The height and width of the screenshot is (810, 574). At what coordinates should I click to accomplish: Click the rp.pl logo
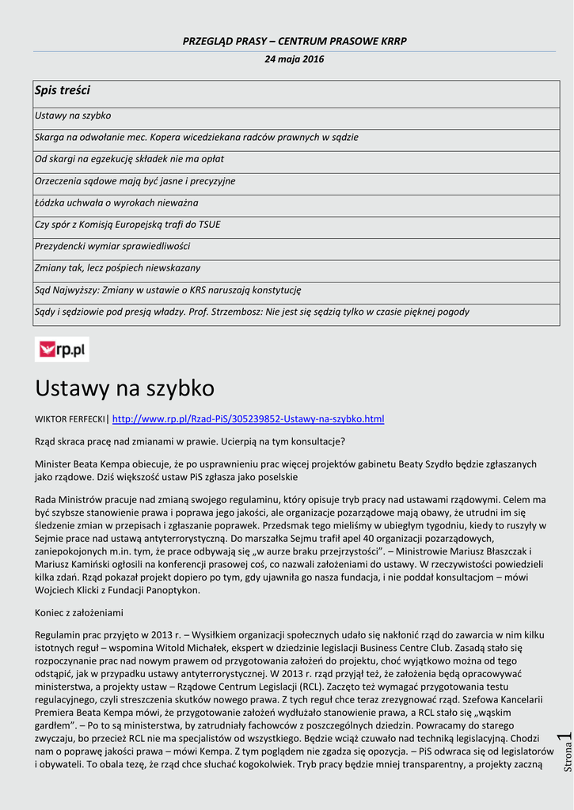[x=62, y=349]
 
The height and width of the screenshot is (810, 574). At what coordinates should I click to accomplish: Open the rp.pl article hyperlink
[x=248, y=418]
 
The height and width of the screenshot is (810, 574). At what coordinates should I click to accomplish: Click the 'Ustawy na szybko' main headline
[x=124, y=388]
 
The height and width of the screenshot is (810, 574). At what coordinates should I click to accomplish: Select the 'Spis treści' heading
[x=63, y=91]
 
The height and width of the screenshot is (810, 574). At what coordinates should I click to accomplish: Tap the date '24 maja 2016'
[x=294, y=59]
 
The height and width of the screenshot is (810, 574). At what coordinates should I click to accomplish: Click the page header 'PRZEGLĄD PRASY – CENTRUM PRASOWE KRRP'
[x=295, y=40]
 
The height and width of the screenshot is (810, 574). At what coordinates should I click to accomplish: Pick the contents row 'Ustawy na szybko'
[x=73, y=115]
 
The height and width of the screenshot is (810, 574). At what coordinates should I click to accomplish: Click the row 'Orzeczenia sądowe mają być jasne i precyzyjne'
[x=135, y=181]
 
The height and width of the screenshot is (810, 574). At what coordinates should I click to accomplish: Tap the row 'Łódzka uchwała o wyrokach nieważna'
[x=116, y=202]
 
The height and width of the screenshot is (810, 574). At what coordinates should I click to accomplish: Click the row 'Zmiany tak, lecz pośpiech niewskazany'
[x=117, y=268]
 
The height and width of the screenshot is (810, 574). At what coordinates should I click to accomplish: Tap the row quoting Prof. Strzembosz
[x=252, y=312]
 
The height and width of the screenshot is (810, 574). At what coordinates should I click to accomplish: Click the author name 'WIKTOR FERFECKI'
[x=70, y=419]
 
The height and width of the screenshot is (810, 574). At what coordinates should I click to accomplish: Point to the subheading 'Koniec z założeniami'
[x=79, y=613]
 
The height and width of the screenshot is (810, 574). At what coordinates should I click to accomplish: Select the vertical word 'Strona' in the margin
[x=567, y=759]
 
